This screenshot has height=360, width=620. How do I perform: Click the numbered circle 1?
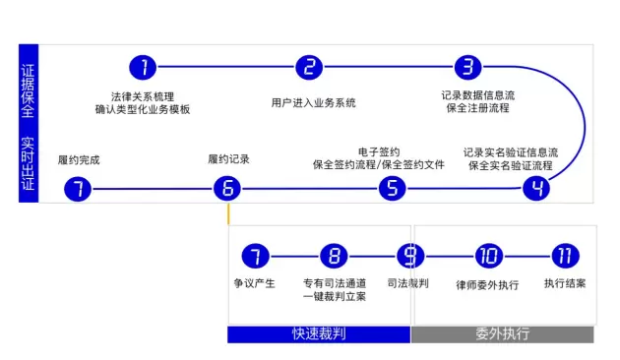(143, 67)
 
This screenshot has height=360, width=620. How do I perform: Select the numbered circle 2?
(309, 67)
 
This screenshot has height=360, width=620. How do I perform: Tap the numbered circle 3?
(468, 67)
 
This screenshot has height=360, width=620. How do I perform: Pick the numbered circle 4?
(536, 188)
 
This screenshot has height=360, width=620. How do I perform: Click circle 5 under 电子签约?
(393, 188)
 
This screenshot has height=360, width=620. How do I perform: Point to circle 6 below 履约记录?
(227, 188)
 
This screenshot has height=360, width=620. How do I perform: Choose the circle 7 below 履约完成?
(78, 189)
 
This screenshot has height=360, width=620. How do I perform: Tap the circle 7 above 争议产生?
(256, 256)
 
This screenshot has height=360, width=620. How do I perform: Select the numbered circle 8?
(335, 256)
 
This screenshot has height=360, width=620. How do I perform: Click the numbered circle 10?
(489, 256)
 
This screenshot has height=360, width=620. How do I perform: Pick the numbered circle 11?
(566, 256)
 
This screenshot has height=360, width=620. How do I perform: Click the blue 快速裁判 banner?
(319, 334)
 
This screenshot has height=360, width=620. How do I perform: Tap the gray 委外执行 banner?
(503, 334)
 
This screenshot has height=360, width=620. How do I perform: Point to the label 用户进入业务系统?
(313, 103)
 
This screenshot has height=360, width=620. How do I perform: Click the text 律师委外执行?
(487, 285)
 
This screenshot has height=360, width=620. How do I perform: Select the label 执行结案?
(565, 283)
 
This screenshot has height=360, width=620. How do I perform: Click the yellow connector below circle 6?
(228, 213)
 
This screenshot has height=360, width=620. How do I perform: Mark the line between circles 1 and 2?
(226, 67)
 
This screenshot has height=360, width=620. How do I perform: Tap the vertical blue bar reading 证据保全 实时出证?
(29, 123)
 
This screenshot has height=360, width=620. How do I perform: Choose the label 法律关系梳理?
(143, 96)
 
